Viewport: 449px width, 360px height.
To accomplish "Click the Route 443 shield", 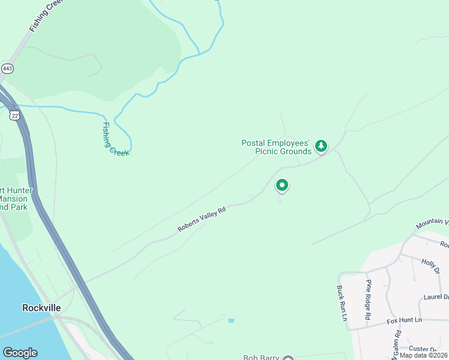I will click(x=7, y=68).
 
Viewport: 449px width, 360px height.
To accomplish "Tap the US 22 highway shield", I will click(x=14, y=115).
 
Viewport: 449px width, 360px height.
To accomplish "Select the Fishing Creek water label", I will click(x=115, y=139).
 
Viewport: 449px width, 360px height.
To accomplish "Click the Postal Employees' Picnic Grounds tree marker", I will click(x=321, y=146).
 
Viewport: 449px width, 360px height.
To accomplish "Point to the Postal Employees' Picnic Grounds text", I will click(x=276, y=147).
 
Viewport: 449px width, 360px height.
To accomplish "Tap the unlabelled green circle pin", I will click(x=282, y=185).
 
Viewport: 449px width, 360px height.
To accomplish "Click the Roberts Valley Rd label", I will click(x=202, y=220).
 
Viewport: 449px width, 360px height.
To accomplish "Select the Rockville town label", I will click(x=41, y=307).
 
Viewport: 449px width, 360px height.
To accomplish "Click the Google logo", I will click(x=20, y=353).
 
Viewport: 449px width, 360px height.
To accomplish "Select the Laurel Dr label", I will click(x=436, y=296).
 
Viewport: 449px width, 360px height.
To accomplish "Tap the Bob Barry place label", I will click(x=261, y=358).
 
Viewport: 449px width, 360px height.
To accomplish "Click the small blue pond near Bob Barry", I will click(x=231, y=321).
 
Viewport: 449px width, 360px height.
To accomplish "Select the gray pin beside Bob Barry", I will click(x=288, y=358).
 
